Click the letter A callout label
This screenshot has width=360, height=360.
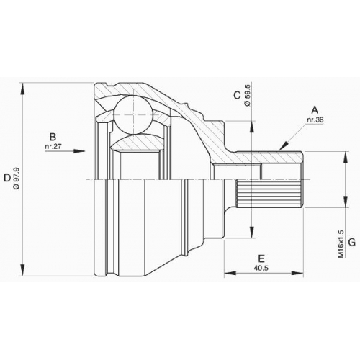(x=315, y=110)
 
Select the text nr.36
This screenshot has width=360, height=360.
(x=315, y=120)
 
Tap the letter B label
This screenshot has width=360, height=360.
(x=53, y=137)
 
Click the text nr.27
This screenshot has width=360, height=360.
(x=53, y=147)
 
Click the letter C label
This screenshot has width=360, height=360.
(x=237, y=95)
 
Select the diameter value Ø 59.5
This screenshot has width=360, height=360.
(x=248, y=95)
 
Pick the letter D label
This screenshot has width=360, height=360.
(x=7, y=178)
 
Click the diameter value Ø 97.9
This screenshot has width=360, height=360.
(x=17, y=179)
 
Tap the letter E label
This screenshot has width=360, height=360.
(x=261, y=258)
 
